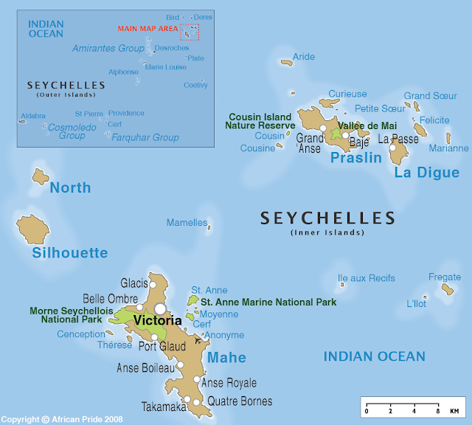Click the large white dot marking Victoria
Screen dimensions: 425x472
click(160, 308)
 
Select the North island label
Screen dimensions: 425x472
click(70, 187)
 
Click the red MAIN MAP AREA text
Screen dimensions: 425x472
click(147, 29)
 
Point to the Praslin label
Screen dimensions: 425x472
click(356, 158)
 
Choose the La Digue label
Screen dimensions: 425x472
click(426, 173)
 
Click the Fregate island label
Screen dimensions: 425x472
click(444, 277)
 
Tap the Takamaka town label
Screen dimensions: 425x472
click(162, 406)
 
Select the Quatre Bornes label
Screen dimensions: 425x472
click(240, 401)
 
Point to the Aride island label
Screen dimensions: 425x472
click(303, 57)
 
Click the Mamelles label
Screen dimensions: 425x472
click(187, 223)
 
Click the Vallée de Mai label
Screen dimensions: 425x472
click(367, 126)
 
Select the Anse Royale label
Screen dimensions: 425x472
click(229, 383)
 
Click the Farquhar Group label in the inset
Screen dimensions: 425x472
click(145, 137)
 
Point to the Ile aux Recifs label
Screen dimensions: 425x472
click(366, 278)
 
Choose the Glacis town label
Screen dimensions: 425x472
click(134, 283)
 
